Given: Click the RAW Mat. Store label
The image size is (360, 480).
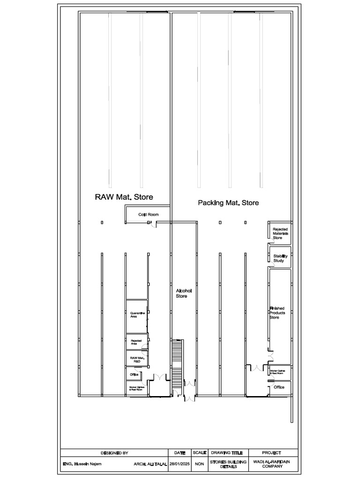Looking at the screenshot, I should point(124,197).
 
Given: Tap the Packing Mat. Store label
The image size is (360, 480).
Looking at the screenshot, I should point(228,203).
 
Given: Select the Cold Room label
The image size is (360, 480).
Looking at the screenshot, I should point(148,215).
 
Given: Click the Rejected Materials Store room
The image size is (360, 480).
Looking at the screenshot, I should point(280,233).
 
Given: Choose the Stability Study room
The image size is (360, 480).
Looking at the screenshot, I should point(280,258).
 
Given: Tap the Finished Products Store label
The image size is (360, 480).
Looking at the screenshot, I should point(277,313).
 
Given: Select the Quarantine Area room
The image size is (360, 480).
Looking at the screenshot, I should point(137,315).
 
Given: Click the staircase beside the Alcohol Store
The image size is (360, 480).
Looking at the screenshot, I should point(177,364).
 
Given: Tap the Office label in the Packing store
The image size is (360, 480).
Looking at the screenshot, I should point(279,387).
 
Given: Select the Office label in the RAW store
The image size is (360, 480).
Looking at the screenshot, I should point(134,375).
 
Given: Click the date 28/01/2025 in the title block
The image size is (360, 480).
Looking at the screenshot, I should point(180,464).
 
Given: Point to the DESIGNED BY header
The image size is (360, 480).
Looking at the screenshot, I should point(114,453).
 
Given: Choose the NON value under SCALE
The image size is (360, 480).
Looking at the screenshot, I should point(200,464).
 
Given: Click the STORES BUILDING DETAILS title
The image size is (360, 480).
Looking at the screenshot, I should point(227,464).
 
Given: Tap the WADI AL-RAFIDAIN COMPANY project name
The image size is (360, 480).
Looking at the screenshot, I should point(271,464).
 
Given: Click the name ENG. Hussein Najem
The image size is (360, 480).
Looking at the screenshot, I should point(82,464).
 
